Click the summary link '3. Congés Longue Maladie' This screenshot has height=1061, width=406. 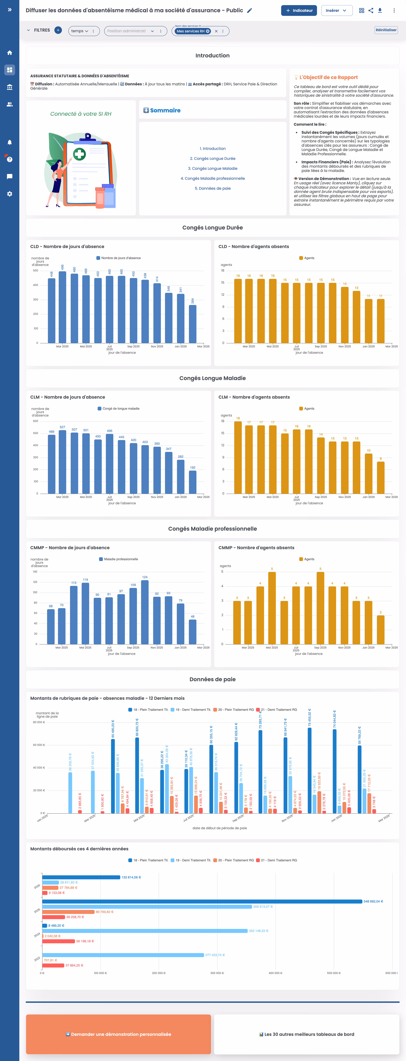click(x=213, y=168)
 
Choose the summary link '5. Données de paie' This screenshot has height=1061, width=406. click(x=213, y=188)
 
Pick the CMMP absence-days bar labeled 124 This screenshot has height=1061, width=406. click(x=145, y=612)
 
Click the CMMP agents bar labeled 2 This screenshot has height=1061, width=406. click(x=380, y=630)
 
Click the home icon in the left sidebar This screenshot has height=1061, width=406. click(x=9, y=53)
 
